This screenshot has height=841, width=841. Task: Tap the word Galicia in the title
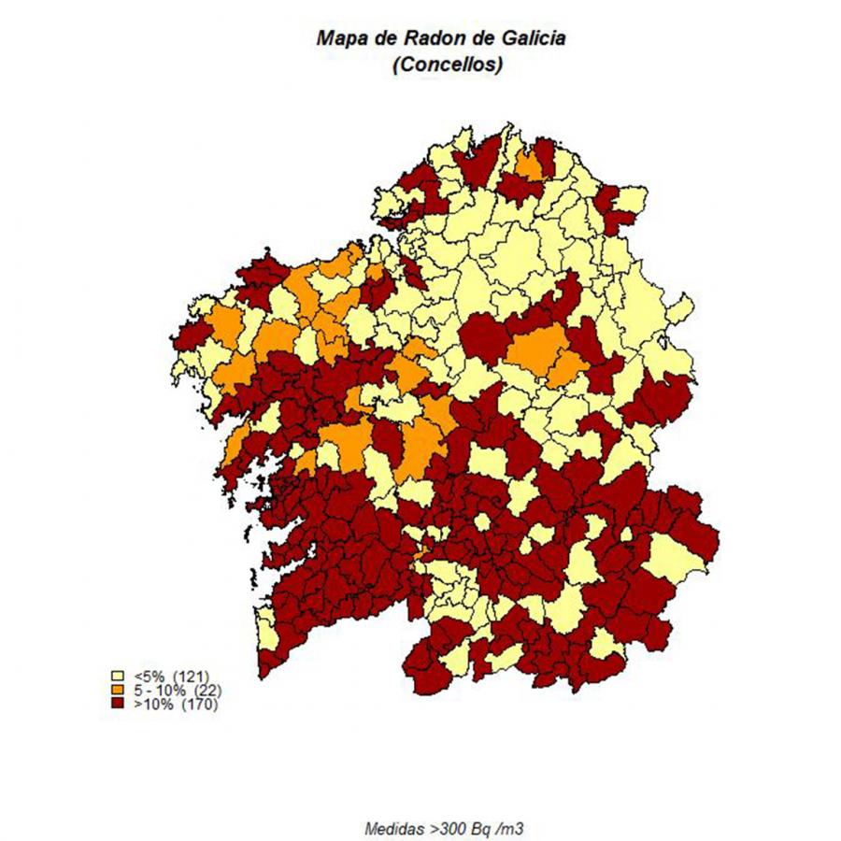click(x=535, y=38)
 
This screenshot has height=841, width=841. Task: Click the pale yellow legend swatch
click(x=118, y=675)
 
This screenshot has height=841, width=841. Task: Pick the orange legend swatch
click(x=118, y=690)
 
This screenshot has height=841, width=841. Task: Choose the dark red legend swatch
click(x=118, y=705)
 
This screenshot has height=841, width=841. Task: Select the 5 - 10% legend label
click(x=160, y=690)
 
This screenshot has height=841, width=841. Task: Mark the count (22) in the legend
click(x=207, y=690)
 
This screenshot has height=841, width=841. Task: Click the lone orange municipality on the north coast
click(x=530, y=166)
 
